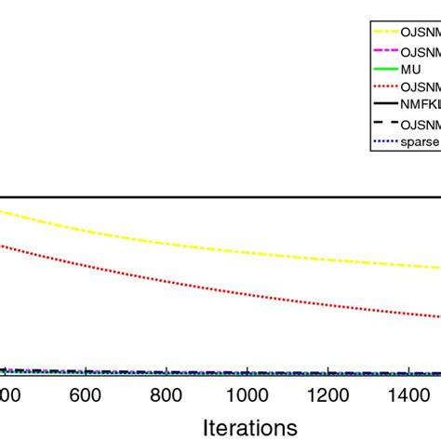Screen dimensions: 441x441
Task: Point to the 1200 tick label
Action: (x=329, y=394)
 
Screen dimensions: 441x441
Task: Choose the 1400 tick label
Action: (x=410, y=394)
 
